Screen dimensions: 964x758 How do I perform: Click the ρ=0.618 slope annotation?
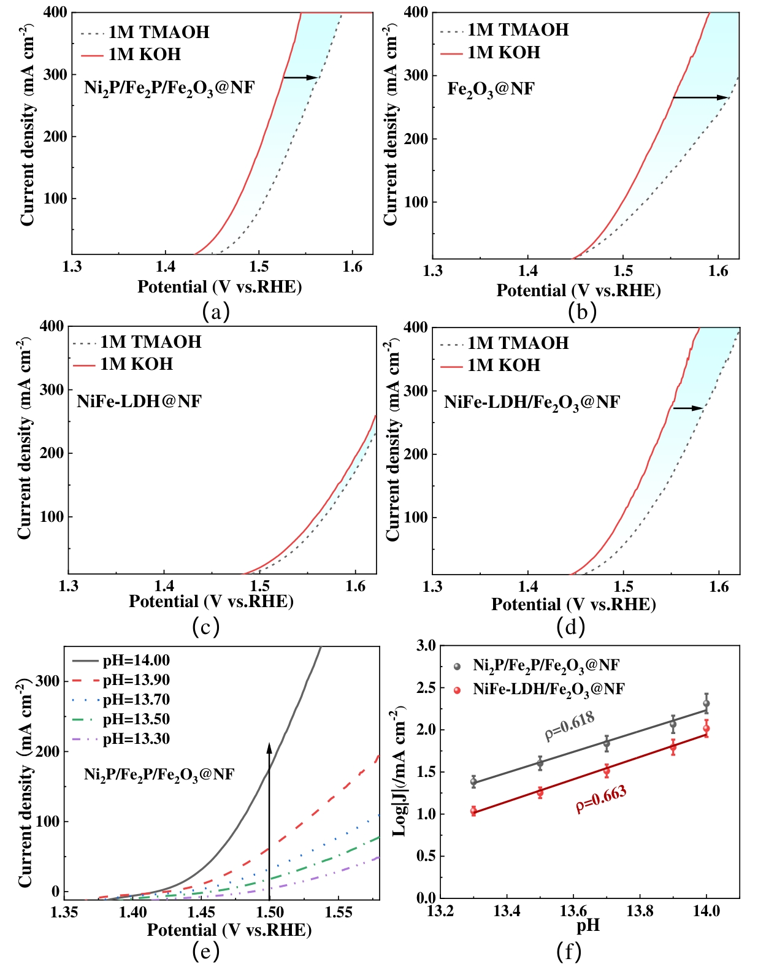point(570,725)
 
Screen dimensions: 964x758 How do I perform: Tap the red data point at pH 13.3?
point(473,811)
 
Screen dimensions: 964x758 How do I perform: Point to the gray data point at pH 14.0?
point(706,704)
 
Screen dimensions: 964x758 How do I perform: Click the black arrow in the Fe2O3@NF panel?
point(700,98)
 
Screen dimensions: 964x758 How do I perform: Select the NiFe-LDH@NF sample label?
point(139,402)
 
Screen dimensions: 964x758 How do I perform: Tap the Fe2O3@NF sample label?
point(491,90)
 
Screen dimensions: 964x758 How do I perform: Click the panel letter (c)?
point(205,627)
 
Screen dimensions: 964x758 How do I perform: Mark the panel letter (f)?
point(568,951)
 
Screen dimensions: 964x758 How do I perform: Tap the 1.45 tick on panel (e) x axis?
point(201,912)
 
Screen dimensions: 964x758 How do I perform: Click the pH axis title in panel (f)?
point(588,925)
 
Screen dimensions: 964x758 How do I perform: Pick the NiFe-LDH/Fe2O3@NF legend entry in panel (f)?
point(548,690)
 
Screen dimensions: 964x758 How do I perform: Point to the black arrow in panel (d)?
point(688,408)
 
